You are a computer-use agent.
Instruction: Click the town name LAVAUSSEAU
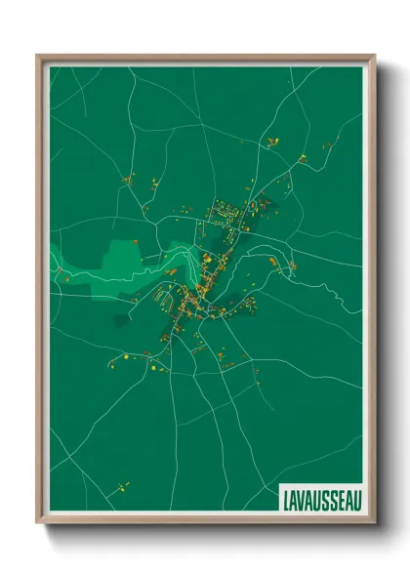coord(320,498)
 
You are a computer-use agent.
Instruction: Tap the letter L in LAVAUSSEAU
coord(285,498)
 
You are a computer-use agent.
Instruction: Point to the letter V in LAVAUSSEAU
coord(300,498)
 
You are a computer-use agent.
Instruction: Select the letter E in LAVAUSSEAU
coord(339,498)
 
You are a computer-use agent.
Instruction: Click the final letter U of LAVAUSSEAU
coord(355,498)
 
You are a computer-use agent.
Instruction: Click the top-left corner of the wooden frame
coord(38,56)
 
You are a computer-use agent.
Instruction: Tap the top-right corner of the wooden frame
coord(373,56)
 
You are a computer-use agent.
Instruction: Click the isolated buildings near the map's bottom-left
coord(123,483)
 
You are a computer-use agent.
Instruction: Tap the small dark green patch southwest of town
coord(123,319)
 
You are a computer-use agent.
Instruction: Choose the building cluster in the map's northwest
coord(128,180)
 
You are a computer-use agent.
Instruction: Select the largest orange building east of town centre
coord(266,262)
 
